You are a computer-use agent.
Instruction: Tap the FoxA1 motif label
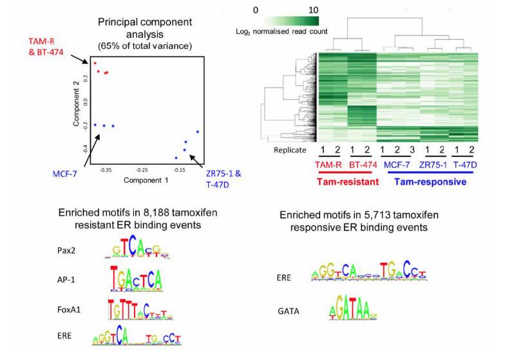pyautogui.click(x=70, y=308)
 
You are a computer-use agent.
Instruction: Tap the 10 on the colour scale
pyautogui.click(x=313, y=10)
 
